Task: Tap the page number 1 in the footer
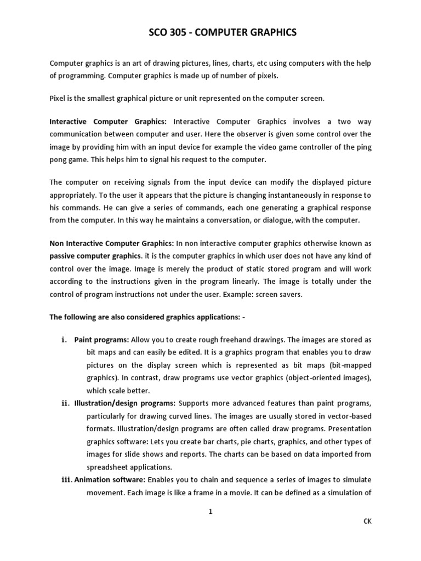[210, 512]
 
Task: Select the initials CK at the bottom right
[367, 522]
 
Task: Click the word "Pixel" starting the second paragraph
[59, 99]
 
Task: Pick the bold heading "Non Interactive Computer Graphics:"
[112, 243]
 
